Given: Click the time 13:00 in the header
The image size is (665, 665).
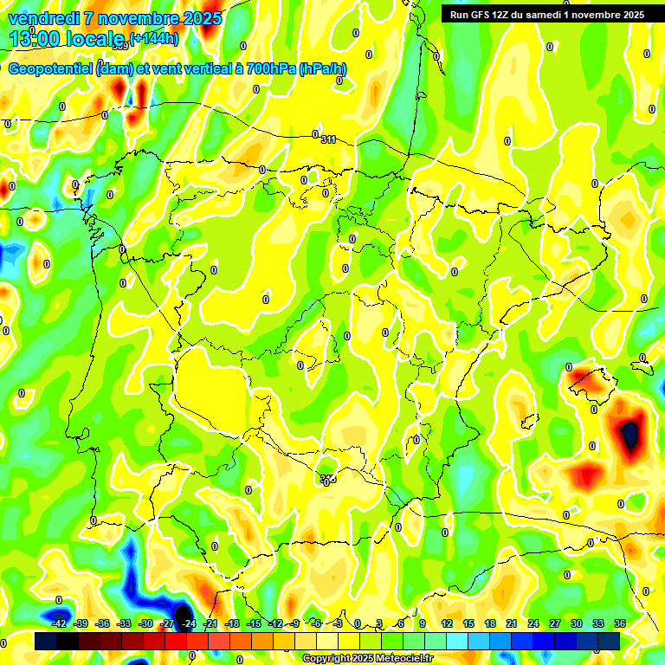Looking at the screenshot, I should (x=35, y=38).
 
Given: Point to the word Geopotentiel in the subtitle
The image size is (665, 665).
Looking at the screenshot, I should (x=51, y=69).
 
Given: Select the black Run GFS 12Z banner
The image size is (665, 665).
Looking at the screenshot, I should (x=546, y=14).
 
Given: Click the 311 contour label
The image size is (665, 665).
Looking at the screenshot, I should (x=328, y=139).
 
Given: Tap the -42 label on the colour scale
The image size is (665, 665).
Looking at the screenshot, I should (x=60, y=623).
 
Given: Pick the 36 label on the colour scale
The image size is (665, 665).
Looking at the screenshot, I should (x=620, y=623).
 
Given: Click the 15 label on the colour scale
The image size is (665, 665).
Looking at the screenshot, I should (x=468, y=623).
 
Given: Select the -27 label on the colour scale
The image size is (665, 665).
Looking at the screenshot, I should (x=168, y=623).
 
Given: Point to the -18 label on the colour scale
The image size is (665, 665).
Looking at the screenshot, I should (x=232, y=623).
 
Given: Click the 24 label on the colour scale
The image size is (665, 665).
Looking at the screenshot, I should (x=533, y=623).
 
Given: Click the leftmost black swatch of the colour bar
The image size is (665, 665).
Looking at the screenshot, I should (x=46, y=641).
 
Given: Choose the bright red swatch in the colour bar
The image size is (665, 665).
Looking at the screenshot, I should (x=176, y=641).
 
